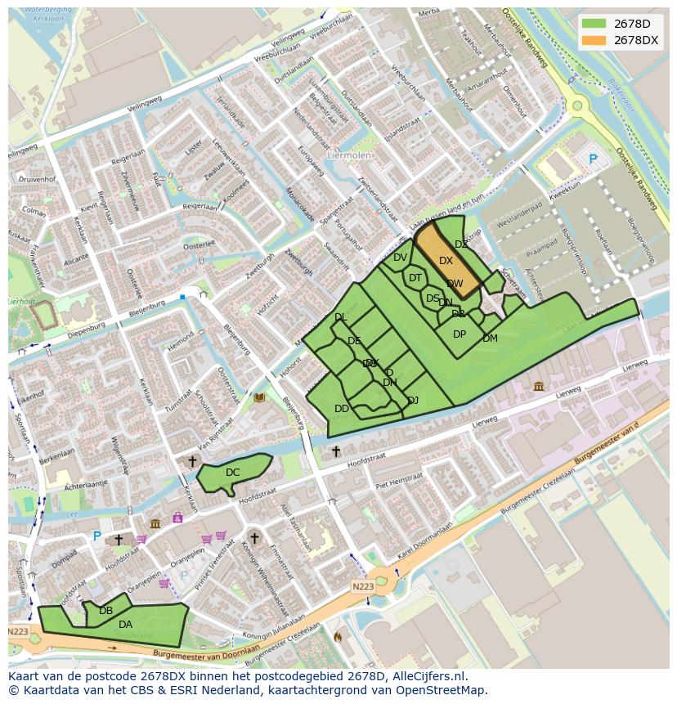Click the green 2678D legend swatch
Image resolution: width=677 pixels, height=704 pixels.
[594, 23]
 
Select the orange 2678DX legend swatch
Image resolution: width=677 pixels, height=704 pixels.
[594, 40]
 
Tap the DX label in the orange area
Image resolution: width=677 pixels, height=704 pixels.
[446, 261]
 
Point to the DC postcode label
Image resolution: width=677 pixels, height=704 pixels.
[233, 473]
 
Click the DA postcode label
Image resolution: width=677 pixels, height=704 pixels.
[125, 625]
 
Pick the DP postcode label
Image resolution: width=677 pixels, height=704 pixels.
[460, 334]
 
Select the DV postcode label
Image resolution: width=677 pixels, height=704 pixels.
[400, 258]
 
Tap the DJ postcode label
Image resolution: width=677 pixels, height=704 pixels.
[413, 400]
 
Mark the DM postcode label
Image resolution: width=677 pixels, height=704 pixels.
[490, 339]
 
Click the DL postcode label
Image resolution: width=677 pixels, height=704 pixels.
[340, 317]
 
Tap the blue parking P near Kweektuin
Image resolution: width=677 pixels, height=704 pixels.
[593, 160]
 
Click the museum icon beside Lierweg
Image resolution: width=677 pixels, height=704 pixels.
[538, 386]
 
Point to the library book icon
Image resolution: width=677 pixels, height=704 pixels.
[259, 398]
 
